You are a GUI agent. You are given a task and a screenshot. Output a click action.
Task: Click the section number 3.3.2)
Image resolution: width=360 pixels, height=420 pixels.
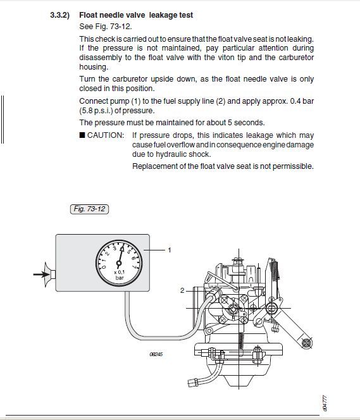coord(59,15)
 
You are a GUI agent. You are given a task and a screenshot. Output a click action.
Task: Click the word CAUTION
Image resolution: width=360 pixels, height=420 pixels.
coord(106,135)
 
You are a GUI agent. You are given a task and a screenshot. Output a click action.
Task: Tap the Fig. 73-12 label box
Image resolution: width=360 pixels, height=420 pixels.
coord(89,209)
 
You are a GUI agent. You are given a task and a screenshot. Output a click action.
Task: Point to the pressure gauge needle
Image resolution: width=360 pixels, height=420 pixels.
coord(120,256)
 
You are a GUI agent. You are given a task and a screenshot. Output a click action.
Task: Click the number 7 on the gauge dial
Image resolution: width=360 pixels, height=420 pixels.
coord(134,266)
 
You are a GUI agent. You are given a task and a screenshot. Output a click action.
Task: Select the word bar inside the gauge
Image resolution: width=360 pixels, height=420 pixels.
coord(120,278)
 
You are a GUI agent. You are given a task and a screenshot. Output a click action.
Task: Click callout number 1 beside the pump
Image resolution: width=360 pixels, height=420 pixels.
coord(170,250)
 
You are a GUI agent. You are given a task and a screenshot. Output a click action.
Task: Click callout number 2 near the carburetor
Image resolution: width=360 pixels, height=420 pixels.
coord(182,290)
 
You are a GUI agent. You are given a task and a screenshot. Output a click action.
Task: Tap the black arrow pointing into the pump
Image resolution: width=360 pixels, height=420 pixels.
coord(42,275)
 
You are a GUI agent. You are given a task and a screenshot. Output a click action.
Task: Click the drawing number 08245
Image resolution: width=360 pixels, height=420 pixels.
coord(156,354)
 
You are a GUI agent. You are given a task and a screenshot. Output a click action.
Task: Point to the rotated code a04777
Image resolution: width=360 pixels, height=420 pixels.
coord(325,403)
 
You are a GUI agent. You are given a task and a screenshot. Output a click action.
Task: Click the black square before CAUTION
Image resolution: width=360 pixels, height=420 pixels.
coord(82,135)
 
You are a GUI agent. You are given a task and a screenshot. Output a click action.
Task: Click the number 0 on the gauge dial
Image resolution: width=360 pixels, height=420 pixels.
coord(104,266)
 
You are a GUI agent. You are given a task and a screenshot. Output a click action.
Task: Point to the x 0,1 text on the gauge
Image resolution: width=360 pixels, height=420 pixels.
coord(119,272)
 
